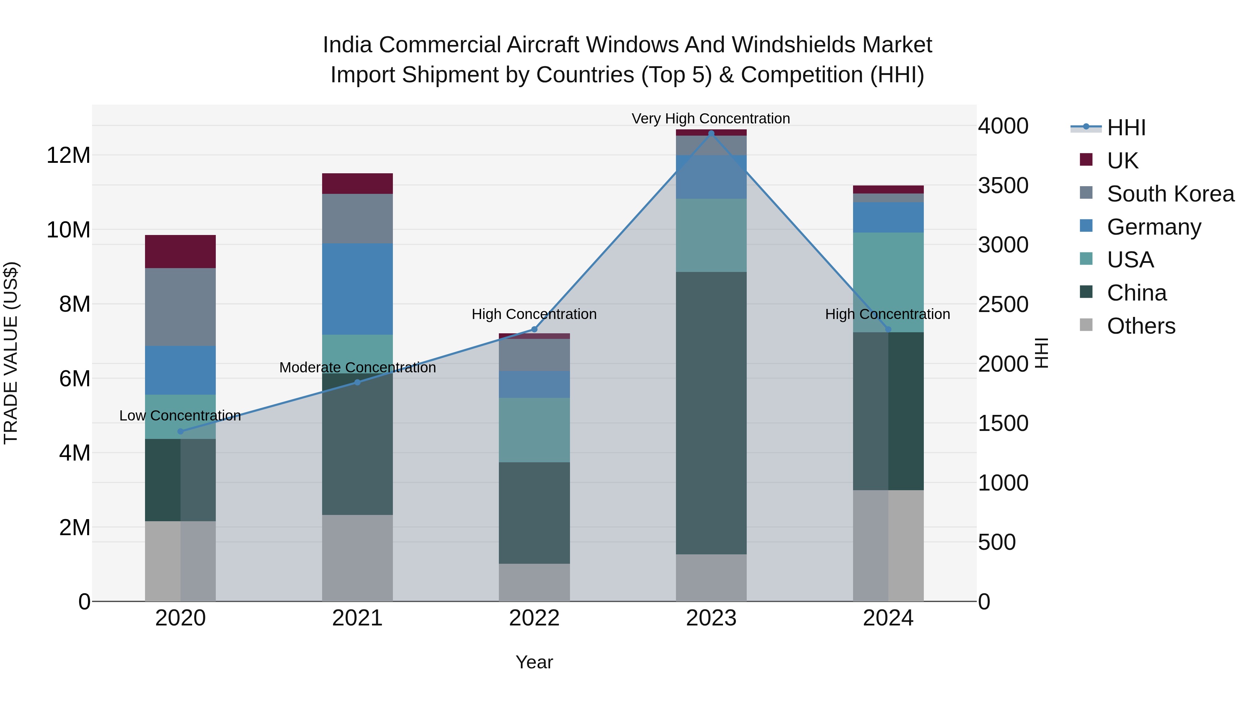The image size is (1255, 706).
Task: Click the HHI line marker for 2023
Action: coord(711,134)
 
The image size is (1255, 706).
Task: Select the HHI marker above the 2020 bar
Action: coord(180,431)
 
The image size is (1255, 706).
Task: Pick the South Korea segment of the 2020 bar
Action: coord(180,307)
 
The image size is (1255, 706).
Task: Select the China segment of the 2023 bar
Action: coord(711,413)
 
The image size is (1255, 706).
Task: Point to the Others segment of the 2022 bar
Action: coord(534,582)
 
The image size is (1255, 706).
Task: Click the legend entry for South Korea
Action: coord(1170,194)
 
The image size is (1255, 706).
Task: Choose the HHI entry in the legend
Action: coord(1126,128)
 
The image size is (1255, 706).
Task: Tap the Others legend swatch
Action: coord(1086,325)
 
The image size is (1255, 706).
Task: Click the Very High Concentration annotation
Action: coord(711,119)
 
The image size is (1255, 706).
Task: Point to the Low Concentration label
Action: coord(180,416)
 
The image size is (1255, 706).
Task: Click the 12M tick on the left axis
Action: coord(68,155)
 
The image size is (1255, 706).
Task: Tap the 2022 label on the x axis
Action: coord(534,618)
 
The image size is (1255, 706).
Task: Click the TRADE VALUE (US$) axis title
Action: coord(11,353)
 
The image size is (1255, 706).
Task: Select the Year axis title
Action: coord(534,662)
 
